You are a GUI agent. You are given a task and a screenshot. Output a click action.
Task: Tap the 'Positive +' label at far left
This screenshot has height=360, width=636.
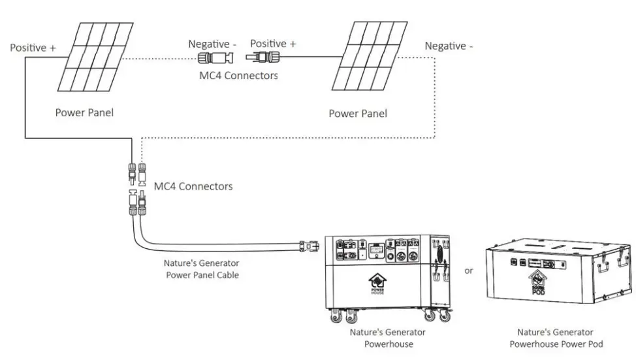coord(33,48)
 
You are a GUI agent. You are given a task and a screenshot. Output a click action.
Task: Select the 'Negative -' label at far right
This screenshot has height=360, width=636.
coord(449,46)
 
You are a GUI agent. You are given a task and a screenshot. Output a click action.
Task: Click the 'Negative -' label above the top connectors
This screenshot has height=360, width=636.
coord(212,44)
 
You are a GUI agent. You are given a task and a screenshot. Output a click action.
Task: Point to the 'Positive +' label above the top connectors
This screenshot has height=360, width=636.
coord(273,44)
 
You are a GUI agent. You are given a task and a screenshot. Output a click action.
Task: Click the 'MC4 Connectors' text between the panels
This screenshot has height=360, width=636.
coord(238,75)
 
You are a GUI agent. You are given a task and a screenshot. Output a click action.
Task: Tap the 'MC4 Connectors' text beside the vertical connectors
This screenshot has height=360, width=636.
coord(193,186)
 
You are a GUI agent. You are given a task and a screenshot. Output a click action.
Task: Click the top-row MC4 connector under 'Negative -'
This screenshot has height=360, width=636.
coord(216,58)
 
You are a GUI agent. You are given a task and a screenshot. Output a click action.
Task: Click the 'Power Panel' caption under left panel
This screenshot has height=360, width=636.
coord(84,112)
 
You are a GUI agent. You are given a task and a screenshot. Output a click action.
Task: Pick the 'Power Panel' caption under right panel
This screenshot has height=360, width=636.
coord(357,114)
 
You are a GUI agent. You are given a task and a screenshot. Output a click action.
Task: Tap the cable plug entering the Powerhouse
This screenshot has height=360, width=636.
coord(308,247)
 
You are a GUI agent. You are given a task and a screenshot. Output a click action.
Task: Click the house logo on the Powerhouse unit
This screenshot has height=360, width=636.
coord(377,283)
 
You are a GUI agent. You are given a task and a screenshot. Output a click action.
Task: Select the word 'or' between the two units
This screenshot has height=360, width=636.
coord(468,271)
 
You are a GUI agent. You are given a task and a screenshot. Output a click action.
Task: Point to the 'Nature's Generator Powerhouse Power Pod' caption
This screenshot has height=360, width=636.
coord(556,338)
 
